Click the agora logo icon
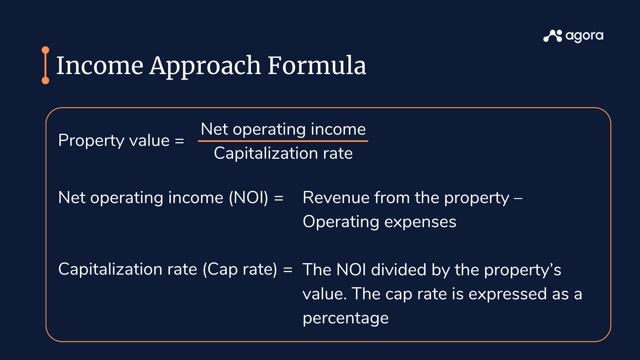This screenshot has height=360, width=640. tap(552, 36)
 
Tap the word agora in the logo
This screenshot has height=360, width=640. tap(584, 36)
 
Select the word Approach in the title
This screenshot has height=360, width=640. tap(205, 66)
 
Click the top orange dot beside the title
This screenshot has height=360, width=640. tap(45, 50)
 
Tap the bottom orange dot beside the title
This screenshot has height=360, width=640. tap(45, 81)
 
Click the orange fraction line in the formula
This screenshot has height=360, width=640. tap(283, 141)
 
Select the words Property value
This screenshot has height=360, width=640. tap(114, 140)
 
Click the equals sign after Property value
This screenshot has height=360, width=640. tap(179, 141)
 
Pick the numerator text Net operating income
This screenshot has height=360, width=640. tap(283, 129)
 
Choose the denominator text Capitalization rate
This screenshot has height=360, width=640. tap(283, 153)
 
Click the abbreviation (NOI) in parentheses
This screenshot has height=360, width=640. tap(248, 198)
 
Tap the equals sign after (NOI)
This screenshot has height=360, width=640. tap(279, 198)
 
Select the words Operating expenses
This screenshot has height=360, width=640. tap(379, 222)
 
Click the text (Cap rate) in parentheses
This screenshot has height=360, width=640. tap(240, 269)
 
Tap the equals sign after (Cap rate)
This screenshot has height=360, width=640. tap(287, 269)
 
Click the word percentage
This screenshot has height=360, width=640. tap(346, 318)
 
